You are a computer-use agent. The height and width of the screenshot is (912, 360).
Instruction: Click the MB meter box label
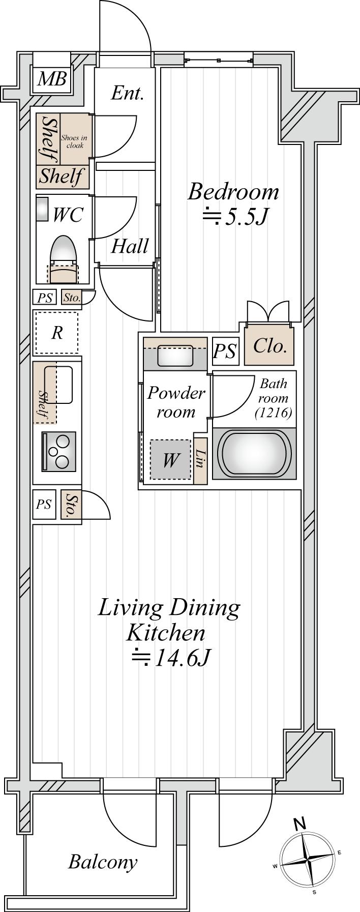(x=52, y=79)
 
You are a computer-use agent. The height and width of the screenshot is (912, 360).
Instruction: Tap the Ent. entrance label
(x=127, y=93)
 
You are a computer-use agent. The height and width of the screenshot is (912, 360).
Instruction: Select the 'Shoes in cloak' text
(x=75, y=141)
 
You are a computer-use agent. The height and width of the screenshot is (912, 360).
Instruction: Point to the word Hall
(x=130, y=247)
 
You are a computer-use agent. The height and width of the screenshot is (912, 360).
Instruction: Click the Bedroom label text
(x=233, y=192)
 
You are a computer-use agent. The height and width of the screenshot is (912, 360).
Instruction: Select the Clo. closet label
(x=270, y=346)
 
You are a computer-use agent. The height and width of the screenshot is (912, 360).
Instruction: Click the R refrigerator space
(x=56, y=333)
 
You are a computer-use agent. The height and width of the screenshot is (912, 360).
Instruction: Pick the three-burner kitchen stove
(x=59, y=451)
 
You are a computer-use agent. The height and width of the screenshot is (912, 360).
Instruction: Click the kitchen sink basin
(x=58, y=385)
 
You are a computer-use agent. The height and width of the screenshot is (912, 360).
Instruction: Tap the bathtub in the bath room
(x=253, y=453)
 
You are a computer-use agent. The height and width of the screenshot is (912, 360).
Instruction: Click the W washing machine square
(x=171, y=460)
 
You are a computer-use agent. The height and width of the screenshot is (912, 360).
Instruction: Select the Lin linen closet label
(x=200, y=460)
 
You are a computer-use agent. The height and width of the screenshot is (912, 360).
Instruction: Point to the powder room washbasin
(x=175, y=356)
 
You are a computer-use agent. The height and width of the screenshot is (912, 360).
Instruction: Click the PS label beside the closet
(x=225, y=351)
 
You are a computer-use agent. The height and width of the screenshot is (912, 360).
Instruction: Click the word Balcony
(x=103, y=862)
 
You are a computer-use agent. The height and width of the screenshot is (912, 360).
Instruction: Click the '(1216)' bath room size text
(x=274, y=413)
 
